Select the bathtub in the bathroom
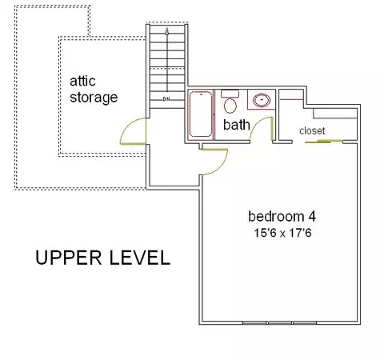pyautogui.click(x=201, y=114)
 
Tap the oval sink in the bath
pyautogui.click(x=262, y=100)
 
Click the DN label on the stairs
pyautogui.click(x=166, y=99)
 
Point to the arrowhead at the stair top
pyautogui.click(x=167, y=31)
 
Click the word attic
pyautogui.click(x=82, y=81)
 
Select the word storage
pyautogui.click(x=94, y=98)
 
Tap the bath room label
pyautogui.click(x=237, y=125)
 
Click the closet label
pyautogui.click(x=312, y=131)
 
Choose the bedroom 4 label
pyautogui.click(x=282, y=216)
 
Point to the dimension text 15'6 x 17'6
pyautogui.click(x=282, y=233)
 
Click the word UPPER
pyautogui.click(x=69, y=258)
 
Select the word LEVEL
pyautogui.click(x=140, y=258)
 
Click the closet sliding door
pyautogui.click(x=323, y=141)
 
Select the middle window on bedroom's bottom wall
pyautogui.click(x=280, y=323)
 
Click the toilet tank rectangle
pyautogui.click(x=230, y=94)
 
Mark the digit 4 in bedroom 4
pyautogui.click(x=312, y=217)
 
